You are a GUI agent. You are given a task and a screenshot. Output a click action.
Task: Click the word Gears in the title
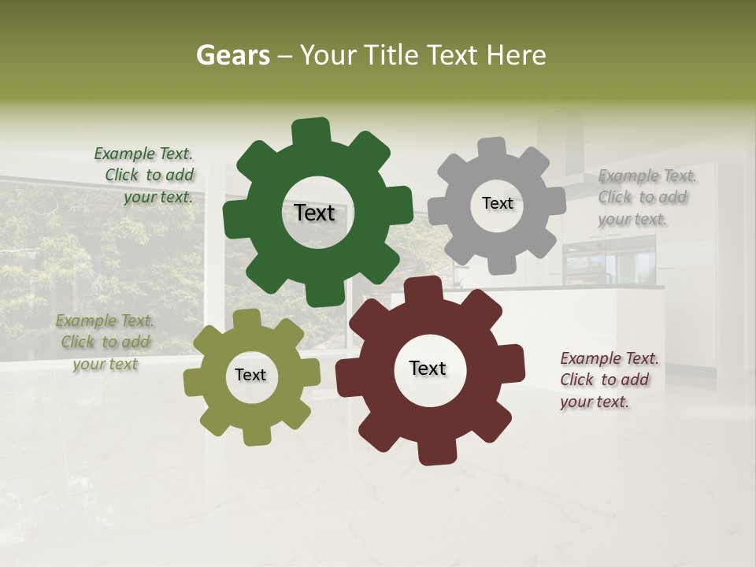click(x=232, y=55)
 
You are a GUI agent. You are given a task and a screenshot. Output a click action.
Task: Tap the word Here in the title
click(x=516, y=55)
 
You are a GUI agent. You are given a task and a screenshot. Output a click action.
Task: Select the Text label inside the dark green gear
click(x=314, y=213)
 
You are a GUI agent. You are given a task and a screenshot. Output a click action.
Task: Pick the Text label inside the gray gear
click(x=497, y=203)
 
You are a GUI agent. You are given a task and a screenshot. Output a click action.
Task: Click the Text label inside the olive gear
click(x=250, y=376)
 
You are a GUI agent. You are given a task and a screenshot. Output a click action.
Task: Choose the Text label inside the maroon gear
click(x=428, y=369)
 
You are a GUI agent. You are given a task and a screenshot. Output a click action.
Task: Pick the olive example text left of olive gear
click(x=105, y=343)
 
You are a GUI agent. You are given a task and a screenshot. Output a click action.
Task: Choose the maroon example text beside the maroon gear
click(x=607, y=380)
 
